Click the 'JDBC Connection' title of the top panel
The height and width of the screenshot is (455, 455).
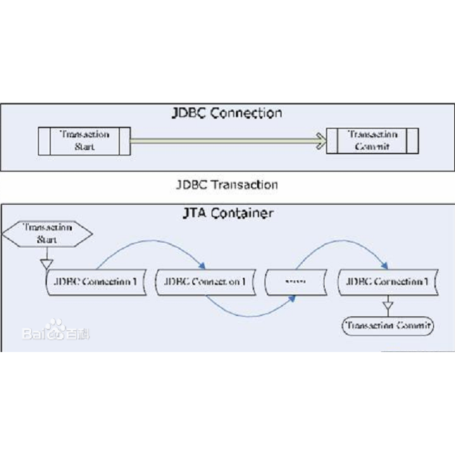click(227, 113)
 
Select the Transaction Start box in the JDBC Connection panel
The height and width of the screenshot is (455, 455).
click(84, 140)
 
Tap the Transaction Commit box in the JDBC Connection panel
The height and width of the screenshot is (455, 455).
click(372, 140)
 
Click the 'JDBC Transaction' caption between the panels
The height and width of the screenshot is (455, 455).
click(227, 185)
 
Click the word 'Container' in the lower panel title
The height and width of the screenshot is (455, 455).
click(240, 213)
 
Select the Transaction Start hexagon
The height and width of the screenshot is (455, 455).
click(48, 233)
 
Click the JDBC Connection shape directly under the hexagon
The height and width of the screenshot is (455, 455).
click(95, 281)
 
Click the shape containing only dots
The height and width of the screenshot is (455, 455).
click(295, 282)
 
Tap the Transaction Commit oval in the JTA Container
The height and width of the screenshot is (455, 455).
click(388, 325)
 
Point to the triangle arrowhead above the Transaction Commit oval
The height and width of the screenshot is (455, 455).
click(388, 306)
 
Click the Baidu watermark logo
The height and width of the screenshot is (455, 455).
click(56, 331)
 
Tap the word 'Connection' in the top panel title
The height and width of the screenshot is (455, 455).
click(246, 113)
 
